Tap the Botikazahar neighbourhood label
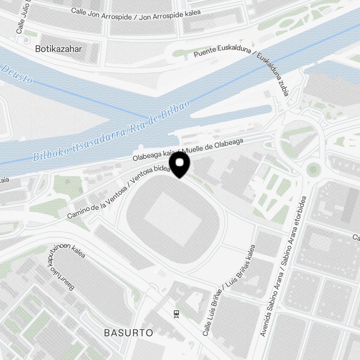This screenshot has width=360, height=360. (58, 49)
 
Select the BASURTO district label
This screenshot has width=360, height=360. (129, 333)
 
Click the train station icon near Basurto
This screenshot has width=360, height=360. (176, 314)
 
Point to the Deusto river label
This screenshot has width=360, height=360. (17, 74)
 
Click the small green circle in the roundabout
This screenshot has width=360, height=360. (314, 169)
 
